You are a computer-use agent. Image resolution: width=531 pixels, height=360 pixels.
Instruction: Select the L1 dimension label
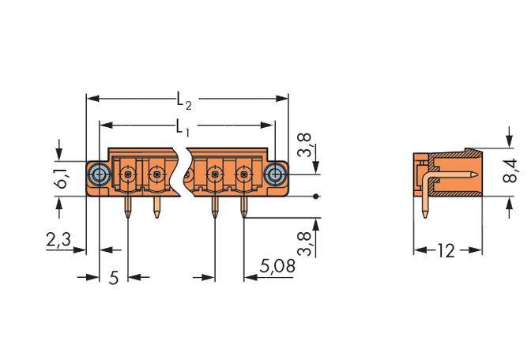(x=182, y=126)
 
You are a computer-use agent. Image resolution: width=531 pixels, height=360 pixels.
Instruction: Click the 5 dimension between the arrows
(x=113, y=279)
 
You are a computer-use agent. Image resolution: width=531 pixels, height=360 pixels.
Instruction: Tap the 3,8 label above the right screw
(x=303, y=146)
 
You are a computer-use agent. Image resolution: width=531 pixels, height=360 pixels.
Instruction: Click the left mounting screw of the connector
(x=98, y=174)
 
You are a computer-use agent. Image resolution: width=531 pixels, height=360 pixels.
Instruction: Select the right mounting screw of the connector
(x=274, y=174)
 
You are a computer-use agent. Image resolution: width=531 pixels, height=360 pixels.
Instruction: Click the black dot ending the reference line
(x=316, y=195)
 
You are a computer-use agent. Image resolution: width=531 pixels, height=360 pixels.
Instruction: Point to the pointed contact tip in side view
(x=474, y=174)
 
